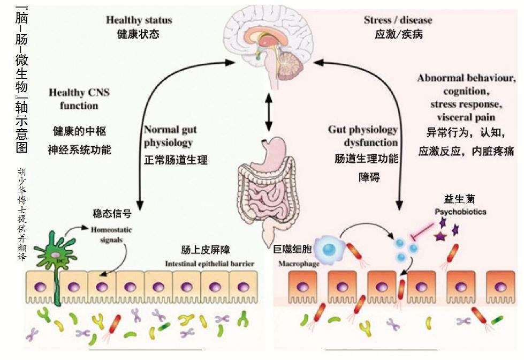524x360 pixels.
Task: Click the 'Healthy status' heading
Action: pyautogui.click(x=139, y=20)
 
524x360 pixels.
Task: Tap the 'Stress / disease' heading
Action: pyautogui.click(x=398, y=20)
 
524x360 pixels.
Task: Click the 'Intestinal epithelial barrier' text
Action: pyautogui.click(x=209, y=264)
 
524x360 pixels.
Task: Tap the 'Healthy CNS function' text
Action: pyautogui.click(x=79, y=99)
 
